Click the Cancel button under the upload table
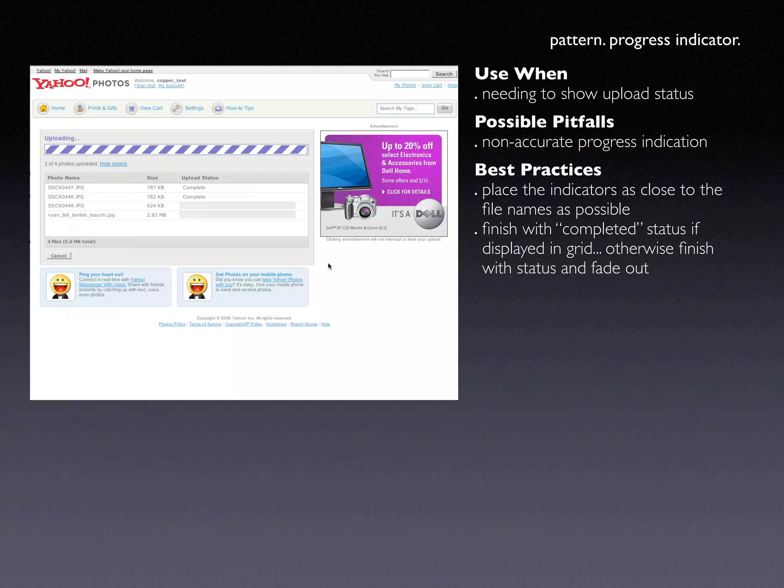click(x=59, y=256)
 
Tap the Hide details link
click(x=113, y=164)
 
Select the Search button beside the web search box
click(x=444, y=74)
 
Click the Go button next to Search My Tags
click(x=444, y=108)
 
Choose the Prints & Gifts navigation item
click(x=102, y=108)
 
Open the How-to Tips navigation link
click(x=240, y=108)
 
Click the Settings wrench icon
click(x=176, y=108)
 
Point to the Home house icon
click(x=43, y=108)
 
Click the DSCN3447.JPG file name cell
click(x=66, y=188)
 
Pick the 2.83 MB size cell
click(x=157, y=215)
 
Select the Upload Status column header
click(x=200, y=178)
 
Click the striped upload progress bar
click(x=176, y=150)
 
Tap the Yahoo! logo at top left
click(x=61, y=83)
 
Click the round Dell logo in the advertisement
click(x=429, y=214)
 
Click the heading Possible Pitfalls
click(x=544, y=122)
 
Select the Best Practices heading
click(x=538, y=170)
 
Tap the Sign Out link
click(x=145, y=86)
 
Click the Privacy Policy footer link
click(x=172, y=324)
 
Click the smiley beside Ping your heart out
click(x=60, y=286)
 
